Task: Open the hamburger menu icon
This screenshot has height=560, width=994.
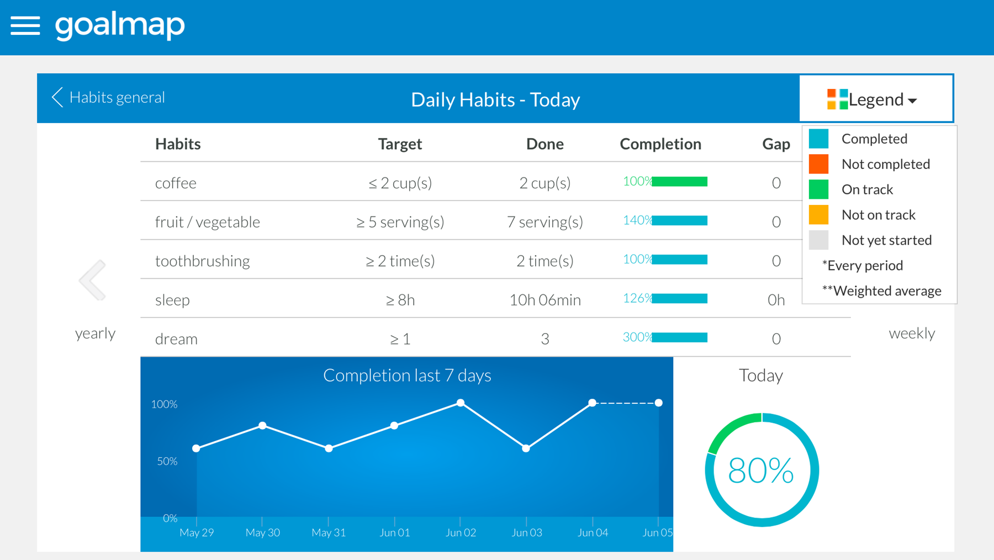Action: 25,25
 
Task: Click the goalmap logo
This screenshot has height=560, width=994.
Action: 120,25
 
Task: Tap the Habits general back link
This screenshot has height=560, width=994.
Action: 108,97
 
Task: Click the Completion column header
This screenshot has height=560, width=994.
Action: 660,144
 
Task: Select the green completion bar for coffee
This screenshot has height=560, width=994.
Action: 679,182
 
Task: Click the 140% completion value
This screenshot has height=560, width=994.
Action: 637,220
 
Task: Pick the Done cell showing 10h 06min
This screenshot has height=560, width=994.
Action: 545,300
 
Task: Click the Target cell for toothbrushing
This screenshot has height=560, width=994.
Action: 400,261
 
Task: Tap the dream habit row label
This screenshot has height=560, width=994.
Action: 176,339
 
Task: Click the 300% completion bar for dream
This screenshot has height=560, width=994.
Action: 679,337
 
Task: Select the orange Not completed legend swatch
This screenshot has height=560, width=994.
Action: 818,164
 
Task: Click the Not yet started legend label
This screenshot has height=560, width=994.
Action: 886,240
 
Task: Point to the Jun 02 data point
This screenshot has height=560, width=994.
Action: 461,403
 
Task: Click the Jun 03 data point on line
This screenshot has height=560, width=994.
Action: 526,448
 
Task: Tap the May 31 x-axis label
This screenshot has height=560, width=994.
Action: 329,532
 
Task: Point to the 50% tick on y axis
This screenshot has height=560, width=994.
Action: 167,461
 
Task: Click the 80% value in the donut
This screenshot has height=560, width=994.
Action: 761,471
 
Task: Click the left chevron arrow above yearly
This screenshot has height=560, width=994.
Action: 93,280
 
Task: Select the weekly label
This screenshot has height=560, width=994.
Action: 912,333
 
